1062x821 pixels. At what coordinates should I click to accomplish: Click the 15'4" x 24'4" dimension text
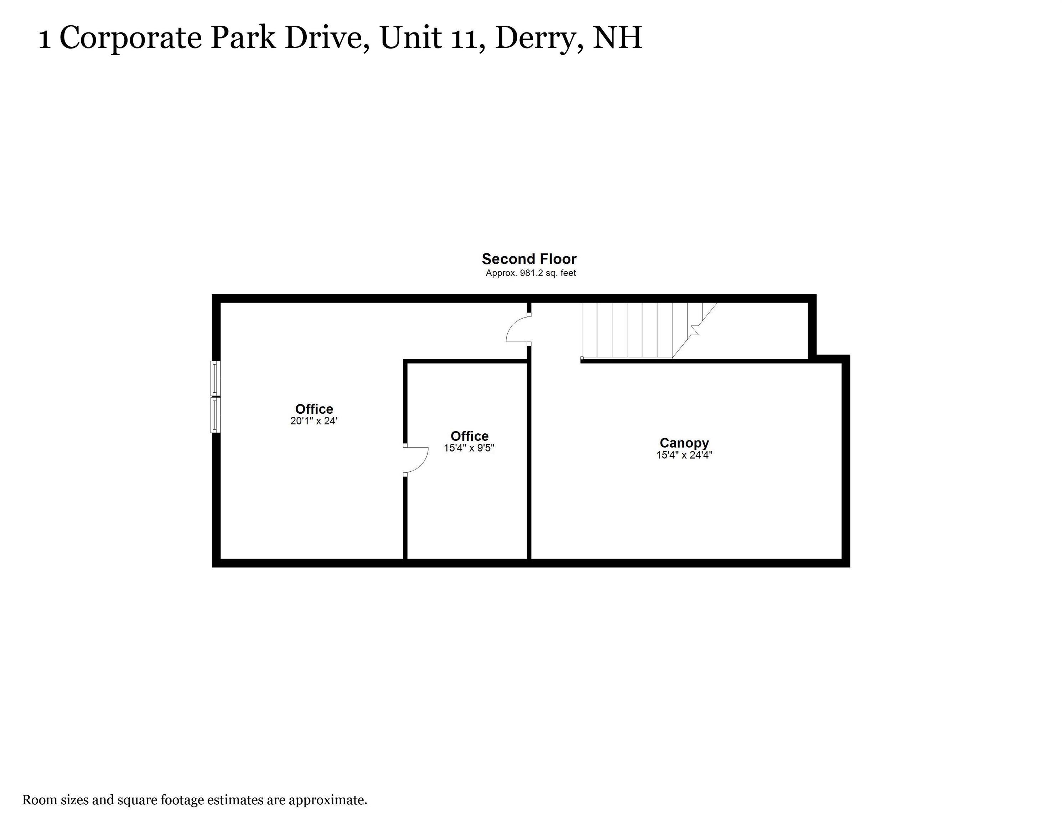point(684,455)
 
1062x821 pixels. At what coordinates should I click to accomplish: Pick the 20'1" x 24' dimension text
point(314,421)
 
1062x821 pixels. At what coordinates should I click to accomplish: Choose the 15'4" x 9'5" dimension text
point(469,448)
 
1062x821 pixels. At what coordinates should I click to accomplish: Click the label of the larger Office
point(314,409)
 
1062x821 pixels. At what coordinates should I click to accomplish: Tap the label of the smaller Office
point(469,436)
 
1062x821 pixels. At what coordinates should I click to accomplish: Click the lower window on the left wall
point(216,415)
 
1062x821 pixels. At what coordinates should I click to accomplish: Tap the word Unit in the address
point(410,37)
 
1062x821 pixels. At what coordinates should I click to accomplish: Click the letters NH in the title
point(617,37)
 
